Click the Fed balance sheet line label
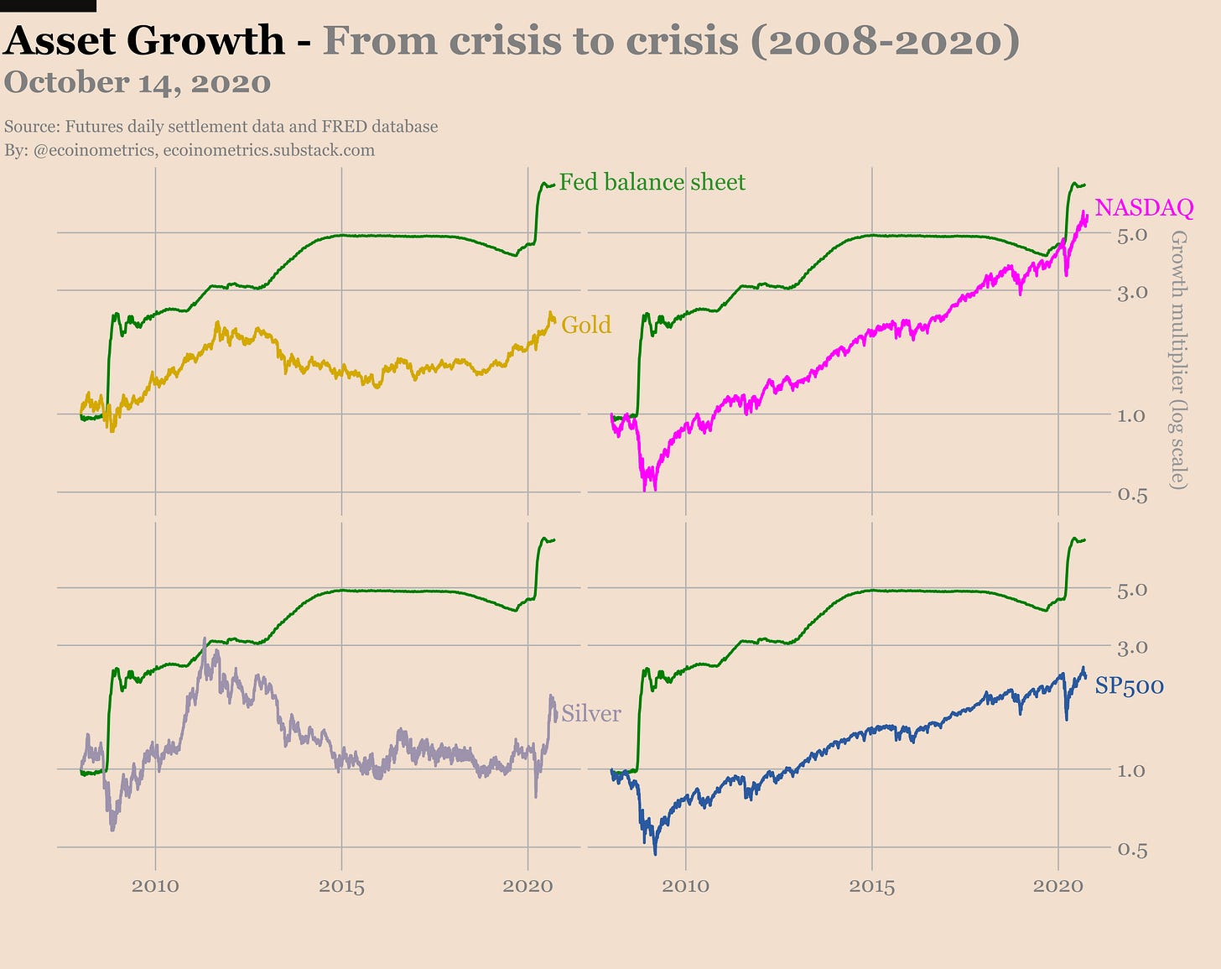[x=652, y=182]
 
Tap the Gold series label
[x=586, y=325]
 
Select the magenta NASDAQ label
[x=1144, y=207]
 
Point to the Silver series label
[x=591, y=713]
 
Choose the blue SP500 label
[x=1130, y=685]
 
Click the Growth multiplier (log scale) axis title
[x=1178, y=360]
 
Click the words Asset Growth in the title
[x=144, y=40]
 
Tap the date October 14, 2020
[x=138, y=83]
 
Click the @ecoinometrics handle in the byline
[x=95, y=150]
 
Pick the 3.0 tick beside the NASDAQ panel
[x=1132, y=292]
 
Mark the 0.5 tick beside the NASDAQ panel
[x=1132, y=493]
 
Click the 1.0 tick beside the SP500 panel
[x=1132, y=770]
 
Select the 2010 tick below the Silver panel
[x=155, y=885]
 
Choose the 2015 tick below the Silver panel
[x=341, y=885]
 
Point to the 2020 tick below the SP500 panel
[x=1058, y=885]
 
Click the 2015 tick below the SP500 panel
[x=872, y=885]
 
